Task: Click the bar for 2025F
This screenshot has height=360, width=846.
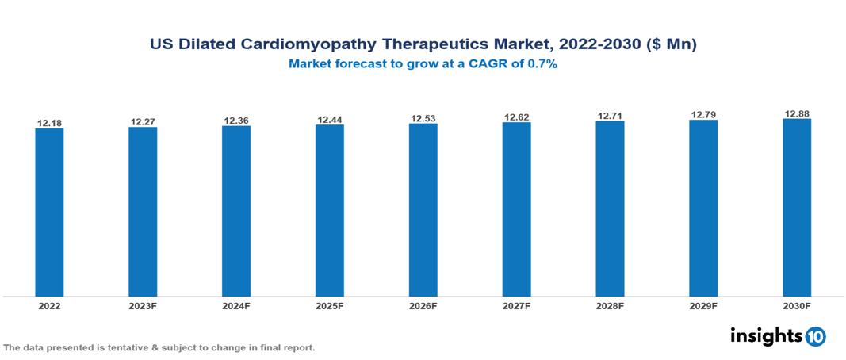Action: click(330, 210)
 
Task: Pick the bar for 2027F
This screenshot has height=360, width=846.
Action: click(516, 209)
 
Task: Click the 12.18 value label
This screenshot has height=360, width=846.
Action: click(49, 123)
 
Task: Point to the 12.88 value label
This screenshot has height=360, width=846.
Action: click(797, 114)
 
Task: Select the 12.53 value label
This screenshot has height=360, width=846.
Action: click(423, 119)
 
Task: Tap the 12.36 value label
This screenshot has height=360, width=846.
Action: click(236, 121)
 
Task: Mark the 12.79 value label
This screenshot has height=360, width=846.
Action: click(703, 115)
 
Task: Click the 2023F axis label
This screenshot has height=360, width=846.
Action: click(143, 305)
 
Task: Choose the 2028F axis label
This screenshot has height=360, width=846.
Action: click(610, 305)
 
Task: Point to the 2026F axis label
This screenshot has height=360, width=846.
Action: click(423, 305)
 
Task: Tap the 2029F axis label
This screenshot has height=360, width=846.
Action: click(703, 305)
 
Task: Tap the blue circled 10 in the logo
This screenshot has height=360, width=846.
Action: click(816, 336)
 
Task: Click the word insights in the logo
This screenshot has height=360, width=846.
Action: click(766, 335)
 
